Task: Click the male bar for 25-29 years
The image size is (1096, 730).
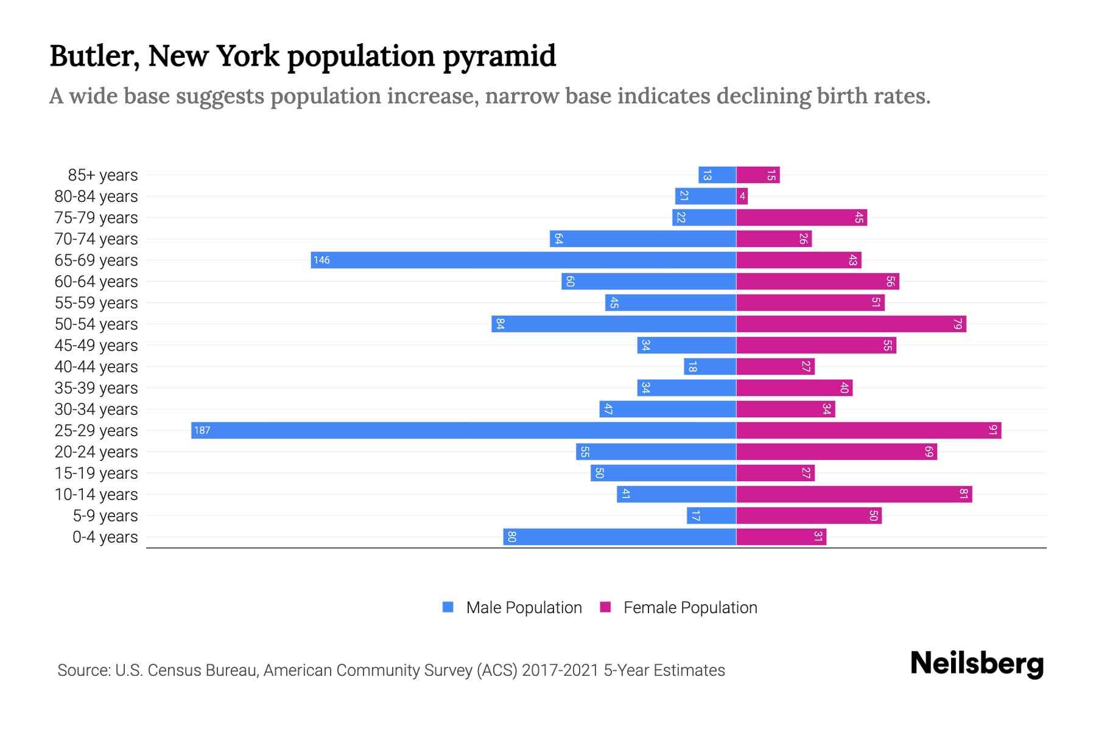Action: point(463,430)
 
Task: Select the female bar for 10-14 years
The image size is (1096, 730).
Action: point(854,494)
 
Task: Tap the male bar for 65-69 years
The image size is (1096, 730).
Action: point(524,260)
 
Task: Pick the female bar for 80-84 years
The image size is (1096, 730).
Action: point(742,196)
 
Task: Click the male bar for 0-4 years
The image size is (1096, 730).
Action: point(619,537)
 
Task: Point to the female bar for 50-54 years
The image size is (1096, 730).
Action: point(851,324)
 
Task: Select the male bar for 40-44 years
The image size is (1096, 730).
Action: point(710,366)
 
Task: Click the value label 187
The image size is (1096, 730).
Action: point(202,430)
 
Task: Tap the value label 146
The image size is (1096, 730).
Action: point(321,260)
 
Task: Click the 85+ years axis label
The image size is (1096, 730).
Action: point(103,175)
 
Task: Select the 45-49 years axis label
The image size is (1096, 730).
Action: point(96,345)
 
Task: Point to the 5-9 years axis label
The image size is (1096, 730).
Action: point(105,515)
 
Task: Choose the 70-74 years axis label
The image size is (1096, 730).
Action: point(96,238)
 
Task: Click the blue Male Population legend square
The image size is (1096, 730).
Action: point(448,607)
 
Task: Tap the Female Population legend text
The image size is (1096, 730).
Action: point(690,607)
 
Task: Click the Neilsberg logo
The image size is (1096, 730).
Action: point(977,664)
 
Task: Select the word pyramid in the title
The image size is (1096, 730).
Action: point(499,57)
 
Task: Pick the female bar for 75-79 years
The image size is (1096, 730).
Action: point(801,217)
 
